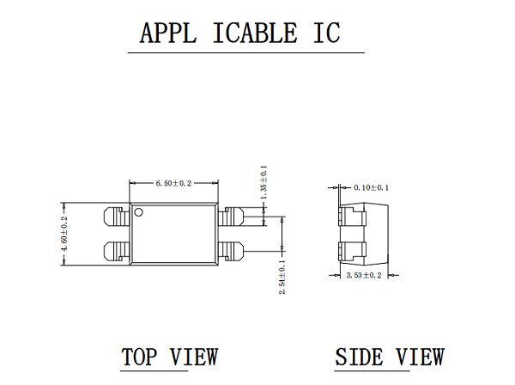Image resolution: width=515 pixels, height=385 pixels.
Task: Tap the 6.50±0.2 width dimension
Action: [x=173, y=183]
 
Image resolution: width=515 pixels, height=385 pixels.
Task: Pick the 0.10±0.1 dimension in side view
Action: [x=371, y=187]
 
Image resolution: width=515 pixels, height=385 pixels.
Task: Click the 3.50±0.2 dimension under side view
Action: [x=364, y=275]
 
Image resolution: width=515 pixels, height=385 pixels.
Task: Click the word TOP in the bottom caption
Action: [x=140, y=357]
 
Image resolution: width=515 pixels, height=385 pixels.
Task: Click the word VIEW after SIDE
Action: [x=420, y=357]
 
